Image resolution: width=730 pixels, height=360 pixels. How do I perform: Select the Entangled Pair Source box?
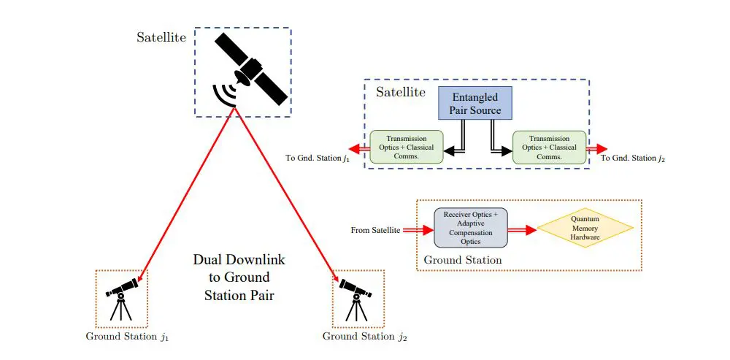pyautogui.click(x=475, y=104)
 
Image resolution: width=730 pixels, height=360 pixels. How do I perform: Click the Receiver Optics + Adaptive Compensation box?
pyautogui.click(x=470, y=227)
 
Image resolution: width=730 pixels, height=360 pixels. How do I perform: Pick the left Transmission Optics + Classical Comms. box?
pyautogui.click(x=407, y=148)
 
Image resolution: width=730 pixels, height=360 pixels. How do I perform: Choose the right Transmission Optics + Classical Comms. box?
pyautogui.click(x=550, y=148)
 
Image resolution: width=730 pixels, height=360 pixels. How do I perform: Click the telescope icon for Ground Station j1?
pyautogui.click(x=121, y=297)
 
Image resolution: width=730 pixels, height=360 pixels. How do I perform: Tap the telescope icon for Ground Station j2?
pyautogui.click(x=357, y=297)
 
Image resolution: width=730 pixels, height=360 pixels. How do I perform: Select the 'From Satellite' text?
pyautogui.click(x=375, y=230)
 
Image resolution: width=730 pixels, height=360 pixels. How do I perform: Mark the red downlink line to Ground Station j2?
pyautogui.click(x=285, y=194)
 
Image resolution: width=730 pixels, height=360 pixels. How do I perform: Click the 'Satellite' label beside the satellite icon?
pyautogui.click(x=160, y=37)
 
